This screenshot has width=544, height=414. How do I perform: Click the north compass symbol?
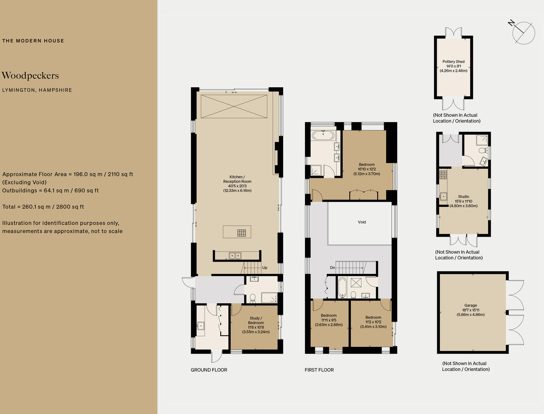click(x=523, y=33)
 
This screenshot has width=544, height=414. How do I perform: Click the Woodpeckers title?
click(x=30, y=76)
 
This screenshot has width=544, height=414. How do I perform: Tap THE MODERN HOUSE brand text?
click(x=33, y=41)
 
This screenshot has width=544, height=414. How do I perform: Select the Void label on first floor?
click(x=362, y=222)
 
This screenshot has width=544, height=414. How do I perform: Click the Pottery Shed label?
click(x=453, y=62)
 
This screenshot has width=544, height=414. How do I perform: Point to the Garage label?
click(x=471, y=306)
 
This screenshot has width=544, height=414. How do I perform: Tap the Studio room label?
click(x=464, y=197)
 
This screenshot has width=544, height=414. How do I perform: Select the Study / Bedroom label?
click(x=256, y=320)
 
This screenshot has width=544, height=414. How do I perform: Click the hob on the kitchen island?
click(x=242, y=233)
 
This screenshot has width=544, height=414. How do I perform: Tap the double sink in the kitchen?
click(x=235, y=256)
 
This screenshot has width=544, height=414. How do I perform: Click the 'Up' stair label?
click(x=265, y=268)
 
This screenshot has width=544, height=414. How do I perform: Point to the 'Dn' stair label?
click(x=332, y=268)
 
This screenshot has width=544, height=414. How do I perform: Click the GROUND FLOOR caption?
click(x=209, y=370)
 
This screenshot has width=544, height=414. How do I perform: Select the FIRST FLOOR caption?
click(x=319, y=370)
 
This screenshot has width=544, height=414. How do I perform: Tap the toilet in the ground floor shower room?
click(x=253, y=298)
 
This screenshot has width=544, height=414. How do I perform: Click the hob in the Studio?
click(x=443, y=175)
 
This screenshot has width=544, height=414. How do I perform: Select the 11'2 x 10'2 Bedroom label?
click(x=373, y=322)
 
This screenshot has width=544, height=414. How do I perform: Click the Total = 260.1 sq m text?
click(x=43, y=207)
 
